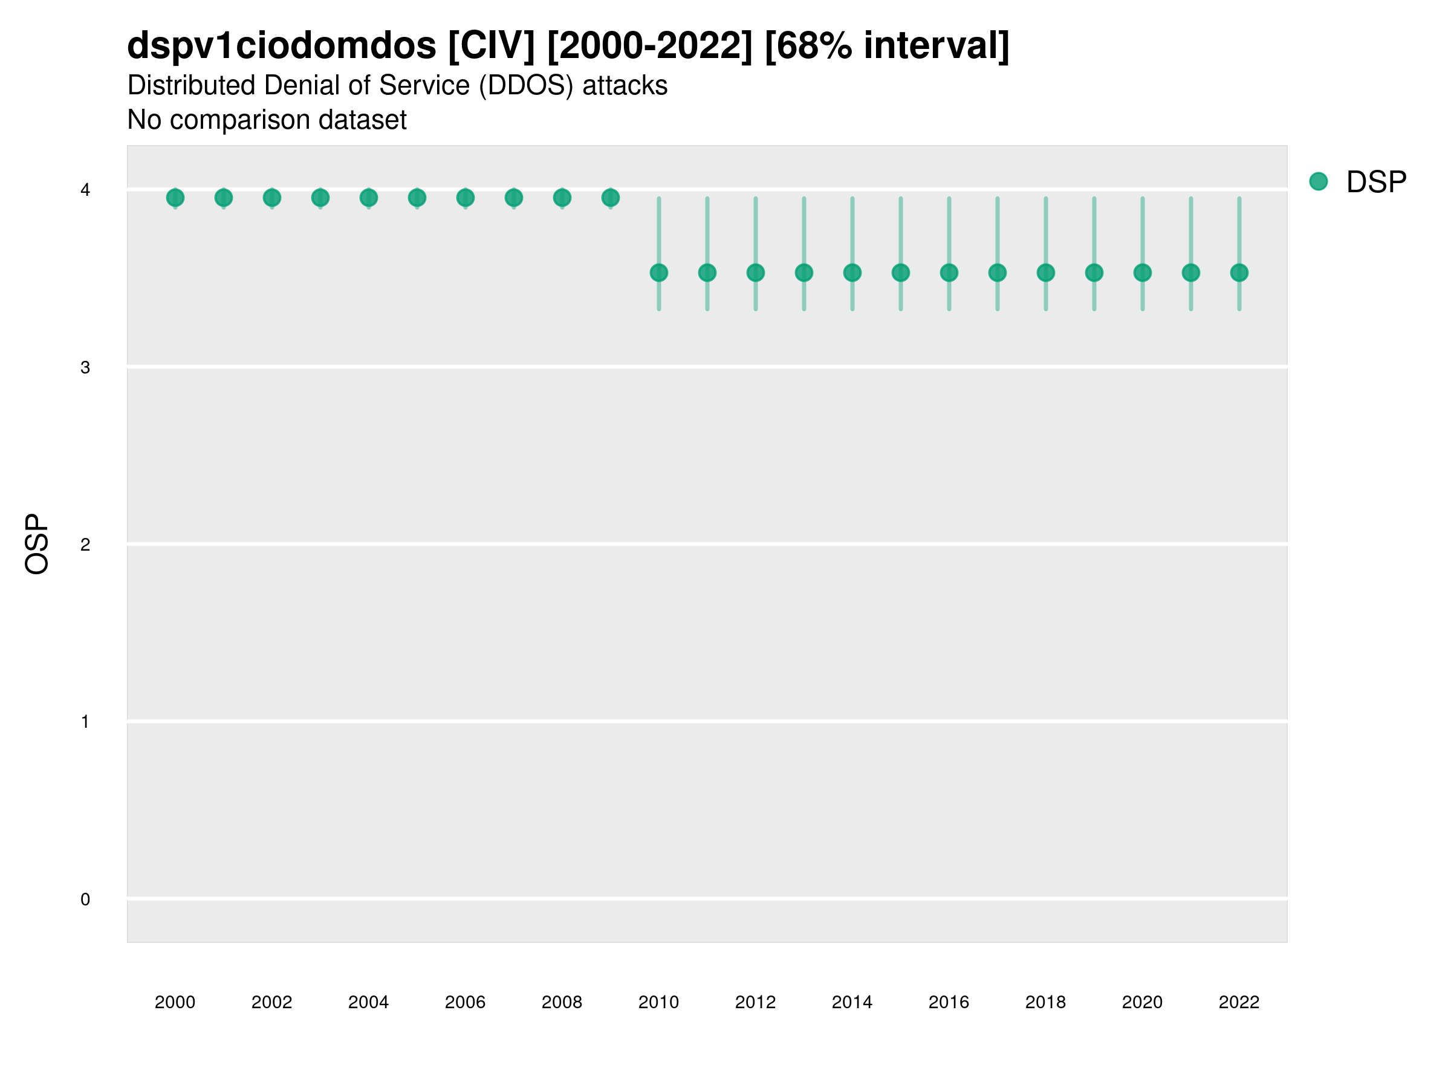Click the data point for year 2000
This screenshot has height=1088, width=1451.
175,198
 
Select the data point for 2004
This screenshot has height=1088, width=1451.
369,198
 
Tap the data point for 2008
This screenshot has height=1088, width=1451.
562,198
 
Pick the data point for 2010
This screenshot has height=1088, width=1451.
658,273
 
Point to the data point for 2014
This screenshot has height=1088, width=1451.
852,273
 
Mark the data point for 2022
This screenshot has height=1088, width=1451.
1239,273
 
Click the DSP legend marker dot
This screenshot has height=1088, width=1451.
1319,182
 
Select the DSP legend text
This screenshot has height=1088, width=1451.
1376,183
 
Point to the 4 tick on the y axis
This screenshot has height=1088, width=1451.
85,190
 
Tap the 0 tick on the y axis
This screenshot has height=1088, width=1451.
85,899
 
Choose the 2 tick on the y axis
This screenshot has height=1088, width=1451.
85,545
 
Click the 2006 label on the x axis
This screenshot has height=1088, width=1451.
465,1002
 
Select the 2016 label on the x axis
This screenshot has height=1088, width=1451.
949,1002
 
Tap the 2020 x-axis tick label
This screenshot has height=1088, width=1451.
1142,1002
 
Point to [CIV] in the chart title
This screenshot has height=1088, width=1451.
492,46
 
